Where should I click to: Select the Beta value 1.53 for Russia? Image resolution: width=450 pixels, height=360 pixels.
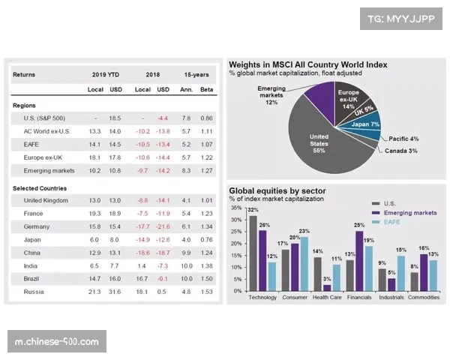point(206,291)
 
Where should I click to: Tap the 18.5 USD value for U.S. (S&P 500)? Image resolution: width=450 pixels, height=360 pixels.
point(115,118)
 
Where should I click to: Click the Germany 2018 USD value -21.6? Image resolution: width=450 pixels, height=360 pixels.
point(162,226)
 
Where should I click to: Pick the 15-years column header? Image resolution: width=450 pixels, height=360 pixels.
point(196,75)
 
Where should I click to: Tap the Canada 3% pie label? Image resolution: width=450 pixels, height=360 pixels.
point(401,151)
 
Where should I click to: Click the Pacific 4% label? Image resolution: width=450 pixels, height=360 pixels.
point(403,139)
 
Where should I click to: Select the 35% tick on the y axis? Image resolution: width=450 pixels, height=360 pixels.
point(236,208)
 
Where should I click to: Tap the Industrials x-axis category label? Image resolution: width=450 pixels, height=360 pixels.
point(391,298)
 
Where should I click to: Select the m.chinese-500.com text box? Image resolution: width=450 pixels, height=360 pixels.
point(57,342)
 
